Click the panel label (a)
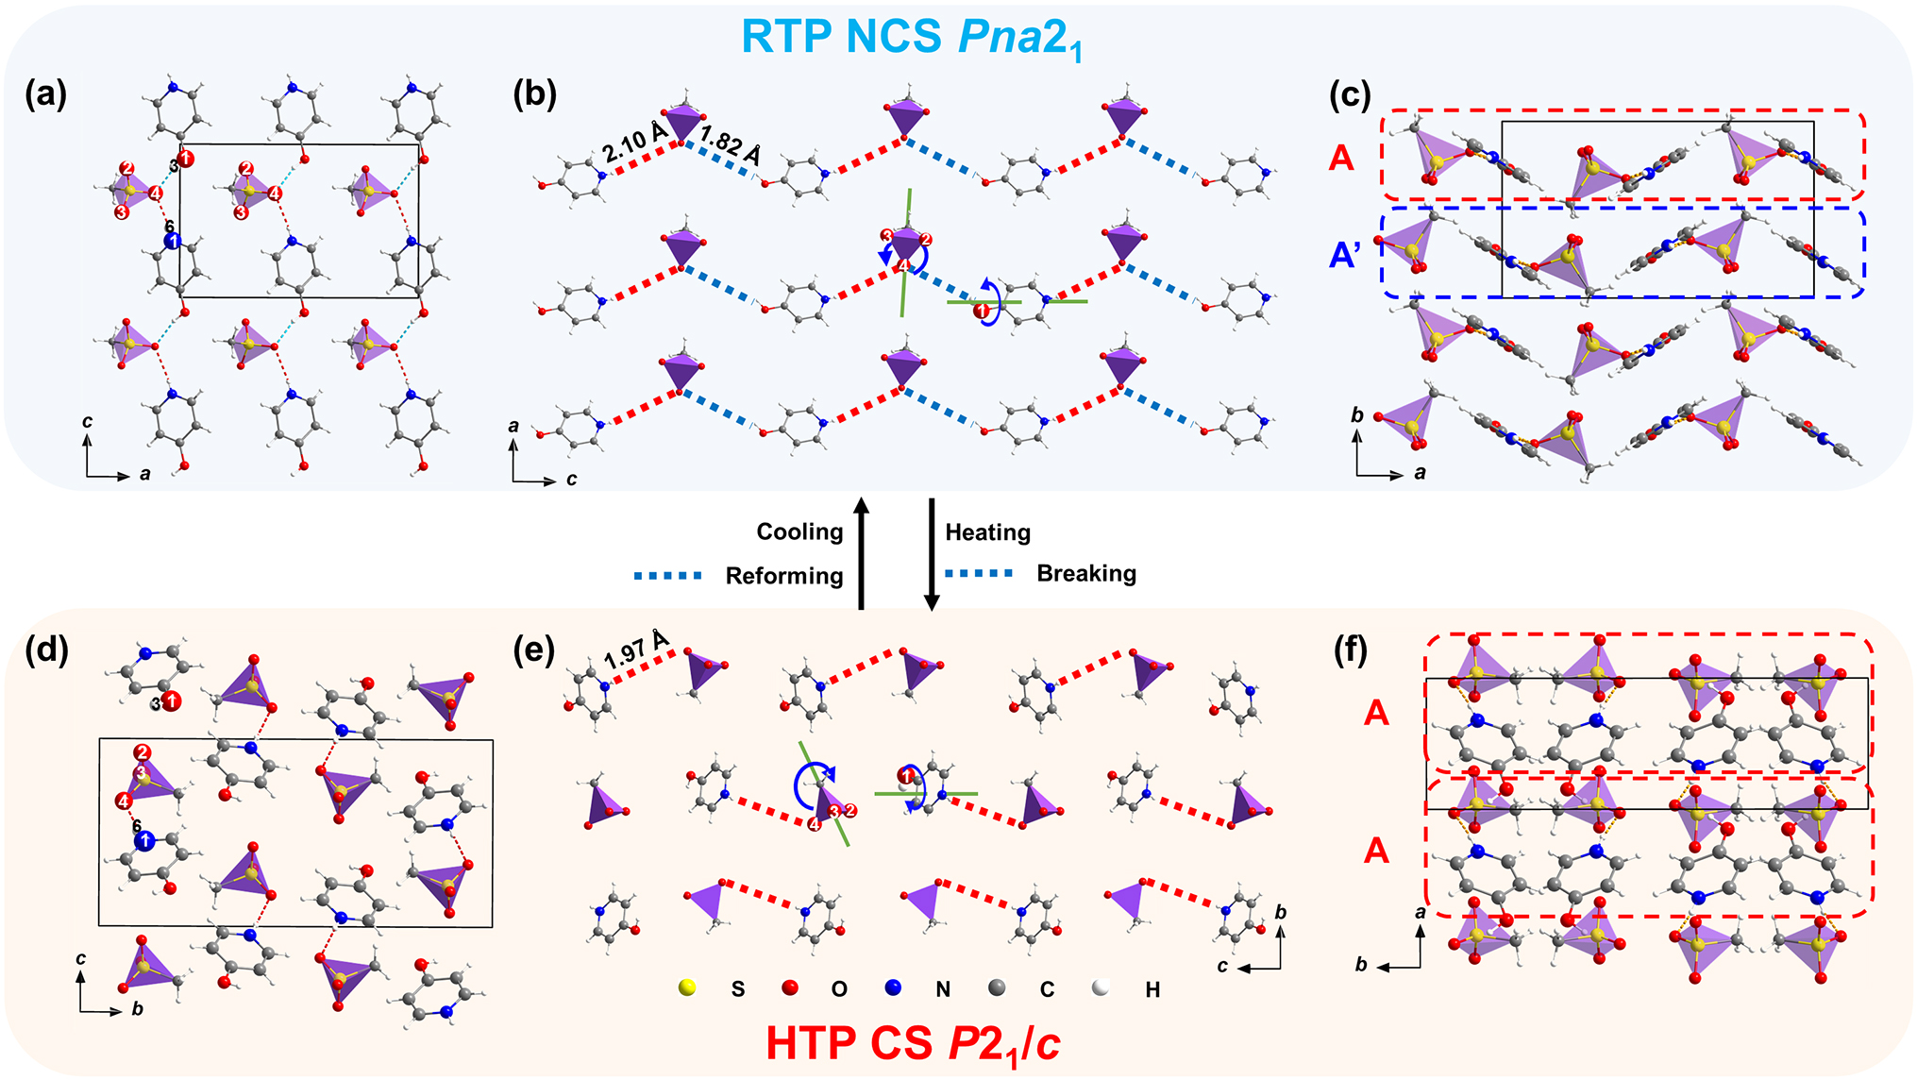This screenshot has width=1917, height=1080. pyautogui.click(x=45, y=94)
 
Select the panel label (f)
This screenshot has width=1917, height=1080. pyautogui.click(x=1351, y=650)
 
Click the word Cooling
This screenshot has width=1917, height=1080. pyautogui.click(x=799, y=532)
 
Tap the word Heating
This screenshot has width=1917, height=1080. pyautogui.click(x=987, y=532)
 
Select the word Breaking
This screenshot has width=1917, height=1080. pyautogui.click(x=1086, y=573)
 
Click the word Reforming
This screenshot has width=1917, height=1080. pyautogui.click(x=783, y=576)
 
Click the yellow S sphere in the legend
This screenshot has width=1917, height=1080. pyautogui.click(x=688, y=987)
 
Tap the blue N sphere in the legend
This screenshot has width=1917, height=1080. pyautogui.click(x=893, y=987)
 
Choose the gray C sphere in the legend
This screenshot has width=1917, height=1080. pyautogui.click(x=996, y=987)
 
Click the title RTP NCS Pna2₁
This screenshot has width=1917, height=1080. pyautogui.click(x=911, y=38)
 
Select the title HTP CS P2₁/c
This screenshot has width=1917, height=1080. pyautogui.click(x=913, y=1043)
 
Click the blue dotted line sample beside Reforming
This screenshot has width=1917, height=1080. pyautogui.click(x=668, y=576)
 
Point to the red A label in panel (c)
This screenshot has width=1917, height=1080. pyautogui.click(x=1341, y=158)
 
